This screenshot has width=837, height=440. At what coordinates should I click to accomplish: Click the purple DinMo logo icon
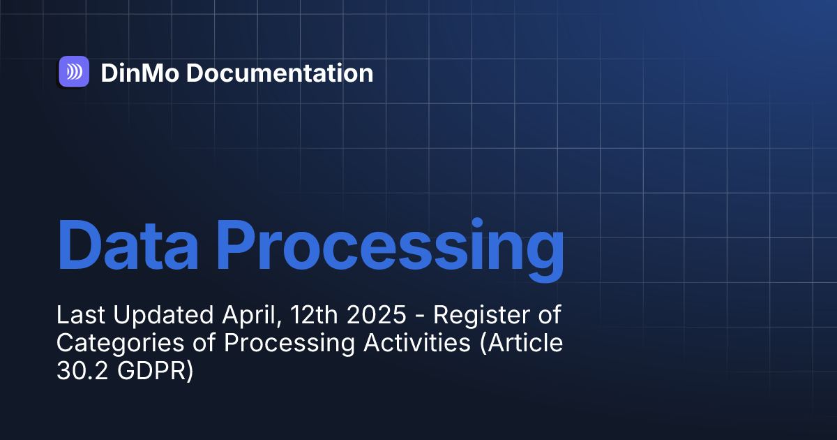pyautogui.click(x=74, y=71)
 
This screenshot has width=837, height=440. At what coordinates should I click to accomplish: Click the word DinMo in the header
pyautogui.click(x=140, y=73)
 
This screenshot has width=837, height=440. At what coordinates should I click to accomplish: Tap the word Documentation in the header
pyautogui.click(x=280, y=73)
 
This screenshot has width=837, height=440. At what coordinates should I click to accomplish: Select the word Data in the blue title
pyautogui.click(x=128, y=244)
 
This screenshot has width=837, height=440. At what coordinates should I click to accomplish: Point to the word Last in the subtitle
pyautogui.click(x=81, y=315)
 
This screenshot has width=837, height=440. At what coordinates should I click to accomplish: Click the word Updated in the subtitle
pyautogui.click(x=163, y=316)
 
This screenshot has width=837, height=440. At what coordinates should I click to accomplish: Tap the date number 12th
pyautogui.click(x=314, y=315)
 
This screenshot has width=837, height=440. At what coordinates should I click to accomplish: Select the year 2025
pyautogui.click(x=376, y=315)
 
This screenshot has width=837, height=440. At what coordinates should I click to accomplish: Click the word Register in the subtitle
pyautogui.click(x=481, y=316)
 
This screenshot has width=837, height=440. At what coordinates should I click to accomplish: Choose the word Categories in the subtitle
pyautogui.click(x=120, y=344)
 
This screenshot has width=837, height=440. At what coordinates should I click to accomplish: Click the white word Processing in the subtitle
pyautogui.click(x=289, y=344)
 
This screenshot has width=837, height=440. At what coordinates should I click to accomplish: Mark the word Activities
pyautogui.click(x=417, y=343)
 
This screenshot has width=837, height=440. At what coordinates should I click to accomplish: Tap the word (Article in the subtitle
pyautogui.click(x=521, y=344)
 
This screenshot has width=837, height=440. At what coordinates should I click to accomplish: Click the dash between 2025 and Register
pyautogui.click(x=420, y=317)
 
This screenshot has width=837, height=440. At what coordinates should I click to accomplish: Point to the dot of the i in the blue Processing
pyautogui.click(x=477, y=223)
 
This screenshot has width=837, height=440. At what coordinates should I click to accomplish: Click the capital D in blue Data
pyautogui.click(x=77, y=244)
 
